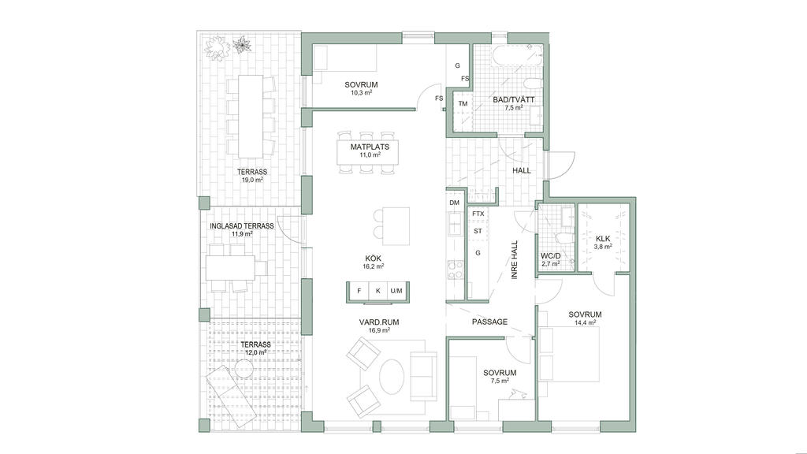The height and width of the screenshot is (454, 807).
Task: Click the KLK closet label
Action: coord(603,239)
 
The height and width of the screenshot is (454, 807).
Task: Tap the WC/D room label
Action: coord(550,256)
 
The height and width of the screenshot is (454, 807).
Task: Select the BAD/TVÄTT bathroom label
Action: coord(514,100)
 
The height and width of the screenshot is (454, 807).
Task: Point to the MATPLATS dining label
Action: coord(370,147)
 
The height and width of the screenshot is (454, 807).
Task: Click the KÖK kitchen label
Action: coord(373,259)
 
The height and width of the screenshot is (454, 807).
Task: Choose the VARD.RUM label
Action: coord(379,322)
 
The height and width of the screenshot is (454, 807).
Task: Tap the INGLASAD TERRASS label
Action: coord(241,226)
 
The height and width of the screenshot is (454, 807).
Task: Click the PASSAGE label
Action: coord(489,322)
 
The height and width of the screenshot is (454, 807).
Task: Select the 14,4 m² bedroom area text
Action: coord(586,322)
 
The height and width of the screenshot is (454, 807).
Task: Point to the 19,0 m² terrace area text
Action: coord(252,180)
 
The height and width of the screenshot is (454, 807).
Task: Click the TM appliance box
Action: coord(463,104)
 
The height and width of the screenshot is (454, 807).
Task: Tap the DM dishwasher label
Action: coord(454,203)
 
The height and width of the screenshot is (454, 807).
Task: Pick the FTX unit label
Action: coord(478,214)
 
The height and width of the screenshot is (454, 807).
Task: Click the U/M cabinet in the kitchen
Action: coord(396,291)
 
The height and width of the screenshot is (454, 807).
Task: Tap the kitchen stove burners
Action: coord(456,270)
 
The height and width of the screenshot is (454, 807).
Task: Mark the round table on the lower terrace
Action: coord(243,367)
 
